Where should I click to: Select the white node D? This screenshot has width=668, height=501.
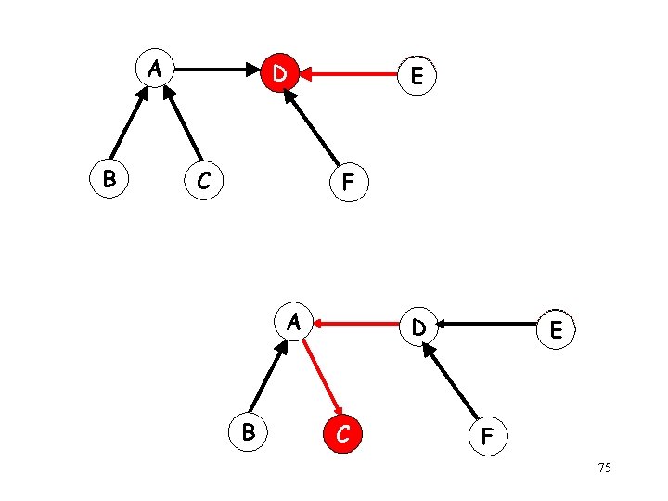click(419, 328)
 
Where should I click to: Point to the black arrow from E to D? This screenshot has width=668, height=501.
click(488, 325)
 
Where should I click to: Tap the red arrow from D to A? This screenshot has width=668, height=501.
click(356, 324)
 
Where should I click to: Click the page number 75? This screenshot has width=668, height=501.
click(604, 469)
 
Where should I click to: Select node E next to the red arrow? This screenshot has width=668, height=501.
click(417, 77)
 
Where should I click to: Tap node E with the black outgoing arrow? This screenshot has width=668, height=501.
click(556, 329)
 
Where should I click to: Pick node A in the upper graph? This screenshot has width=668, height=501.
click(157, 69)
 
